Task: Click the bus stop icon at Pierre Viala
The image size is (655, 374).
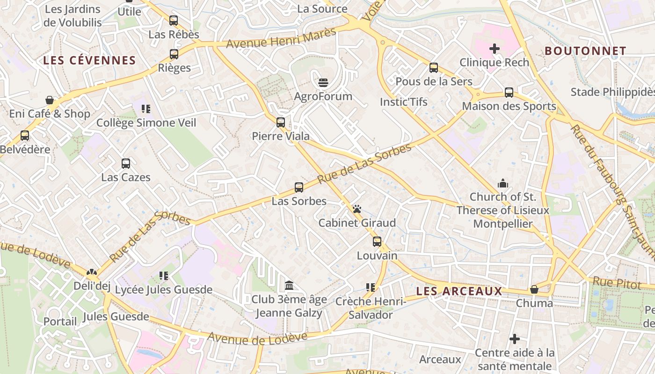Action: [x=280, y=122]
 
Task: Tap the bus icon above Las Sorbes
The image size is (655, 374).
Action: [x=299, y=187]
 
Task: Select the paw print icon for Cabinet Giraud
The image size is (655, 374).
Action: [x=357, y=209]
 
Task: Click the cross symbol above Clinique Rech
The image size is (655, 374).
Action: [x=494, y=49]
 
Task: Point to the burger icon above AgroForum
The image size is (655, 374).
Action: [x=323, y=83]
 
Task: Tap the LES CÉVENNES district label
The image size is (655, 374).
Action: [x=89, y=60]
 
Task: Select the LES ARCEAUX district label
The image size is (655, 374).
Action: [x=459, y=291]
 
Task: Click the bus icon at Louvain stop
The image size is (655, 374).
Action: [x=377, y=242]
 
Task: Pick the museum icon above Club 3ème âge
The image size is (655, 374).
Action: [x=289, y=285]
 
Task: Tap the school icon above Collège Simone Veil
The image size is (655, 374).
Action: [x=146, y=109]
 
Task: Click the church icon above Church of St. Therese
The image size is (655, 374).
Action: [x=503, y=183]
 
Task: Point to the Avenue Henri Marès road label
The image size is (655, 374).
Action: [x=281, y=38]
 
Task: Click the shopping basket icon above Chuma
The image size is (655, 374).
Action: [x=534, y=289]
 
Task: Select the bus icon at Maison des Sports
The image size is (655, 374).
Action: [x=509, y=93]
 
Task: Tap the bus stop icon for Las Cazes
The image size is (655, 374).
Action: [x=126, y=164]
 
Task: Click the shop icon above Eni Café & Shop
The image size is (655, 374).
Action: [x=50, y=100]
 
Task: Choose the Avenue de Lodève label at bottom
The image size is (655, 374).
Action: [x=257, y=338]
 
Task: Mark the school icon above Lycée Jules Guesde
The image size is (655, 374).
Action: [x=163, y=276]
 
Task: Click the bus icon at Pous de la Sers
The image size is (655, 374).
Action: [x=434, y=68]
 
